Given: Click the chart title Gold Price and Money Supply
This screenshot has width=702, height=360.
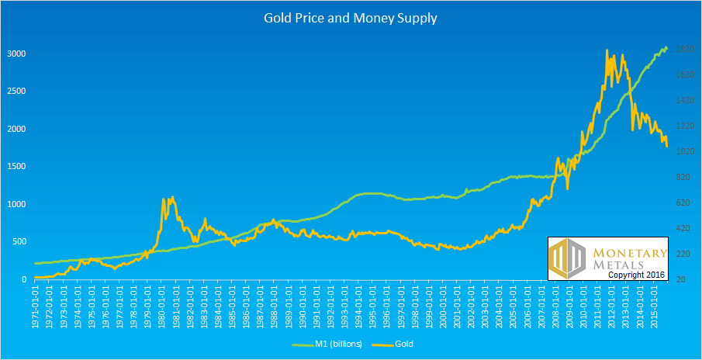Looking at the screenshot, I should point(351,18).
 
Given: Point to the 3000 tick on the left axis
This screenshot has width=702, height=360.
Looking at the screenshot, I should point(16,54).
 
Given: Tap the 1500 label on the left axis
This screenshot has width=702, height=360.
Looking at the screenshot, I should point(16,167).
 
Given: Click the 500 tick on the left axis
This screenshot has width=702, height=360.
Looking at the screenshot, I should point(19,242).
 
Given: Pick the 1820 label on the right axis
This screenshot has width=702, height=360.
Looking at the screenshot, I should point(683,50).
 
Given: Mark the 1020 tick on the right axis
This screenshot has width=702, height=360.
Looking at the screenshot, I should point(683,152).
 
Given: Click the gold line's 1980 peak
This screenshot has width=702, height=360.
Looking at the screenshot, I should point(171,197).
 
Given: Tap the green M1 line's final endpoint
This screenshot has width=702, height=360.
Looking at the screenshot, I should point(666,48).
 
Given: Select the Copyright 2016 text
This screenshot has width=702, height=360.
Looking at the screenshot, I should point(635,275).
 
